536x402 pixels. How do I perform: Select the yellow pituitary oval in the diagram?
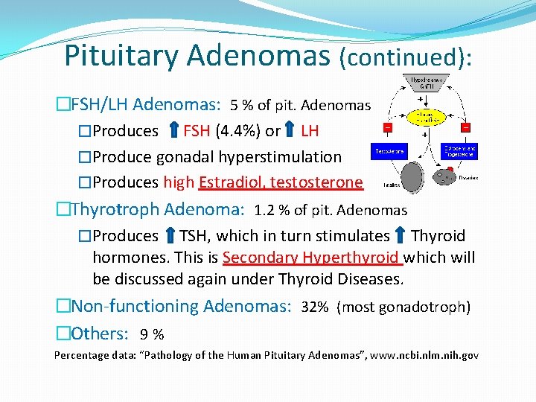427,118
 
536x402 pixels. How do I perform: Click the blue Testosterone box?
388,151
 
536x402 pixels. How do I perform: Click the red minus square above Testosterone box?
388,128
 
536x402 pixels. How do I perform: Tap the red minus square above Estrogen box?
466,128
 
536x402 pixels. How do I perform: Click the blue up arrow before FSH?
172,131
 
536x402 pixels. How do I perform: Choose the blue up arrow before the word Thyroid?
401,236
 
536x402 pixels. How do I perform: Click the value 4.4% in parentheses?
237,131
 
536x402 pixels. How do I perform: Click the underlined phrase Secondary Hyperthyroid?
311,258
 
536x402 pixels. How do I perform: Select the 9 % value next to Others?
152,334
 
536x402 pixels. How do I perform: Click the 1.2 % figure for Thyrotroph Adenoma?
270,211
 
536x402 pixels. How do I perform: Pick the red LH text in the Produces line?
310,131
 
